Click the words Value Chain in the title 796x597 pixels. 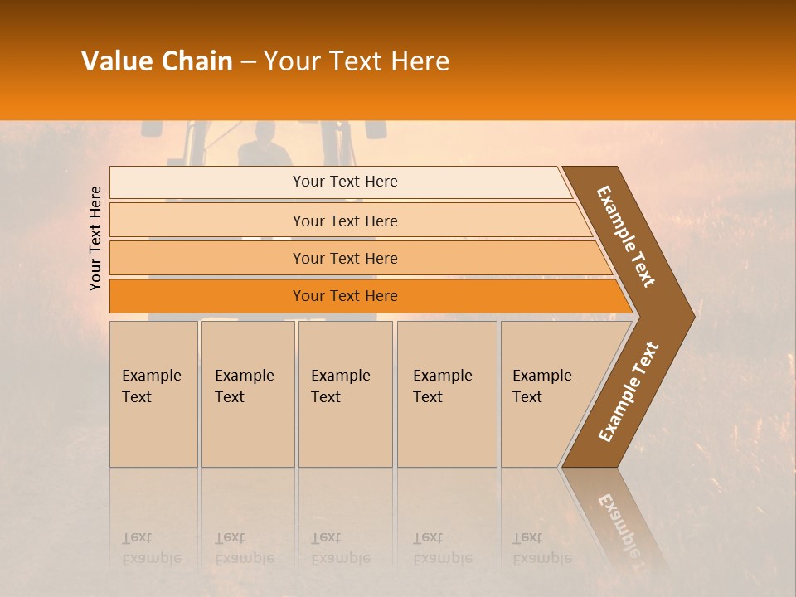point(157,61)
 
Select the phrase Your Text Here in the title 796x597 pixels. point(357,61)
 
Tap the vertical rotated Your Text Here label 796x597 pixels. point(96,238)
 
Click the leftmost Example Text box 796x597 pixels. point(153,393)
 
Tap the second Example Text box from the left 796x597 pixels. point(247,393)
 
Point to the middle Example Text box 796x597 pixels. point(345,393)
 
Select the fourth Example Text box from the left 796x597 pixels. point(447,393)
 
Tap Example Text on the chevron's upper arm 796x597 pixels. point(627,236)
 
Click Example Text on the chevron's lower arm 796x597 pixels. point(629,391)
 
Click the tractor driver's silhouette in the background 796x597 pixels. point(265,144)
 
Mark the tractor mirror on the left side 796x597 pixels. point(152,128)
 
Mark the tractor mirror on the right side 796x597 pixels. point(375,129)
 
